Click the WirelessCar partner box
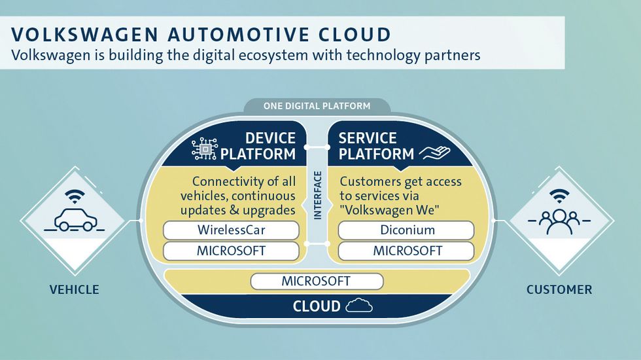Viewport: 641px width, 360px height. point(231,230)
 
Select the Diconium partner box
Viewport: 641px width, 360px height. point(406,230)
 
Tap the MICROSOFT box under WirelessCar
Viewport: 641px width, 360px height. point(231,251)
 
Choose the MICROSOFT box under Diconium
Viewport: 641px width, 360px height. point(406,251)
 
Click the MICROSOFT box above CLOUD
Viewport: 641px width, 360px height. point(317,281)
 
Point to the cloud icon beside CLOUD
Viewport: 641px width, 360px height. point(359,306)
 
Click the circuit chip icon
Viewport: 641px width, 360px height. point(204,149)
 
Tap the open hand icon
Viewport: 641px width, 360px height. point(434,153)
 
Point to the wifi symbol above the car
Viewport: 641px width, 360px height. point(75,196)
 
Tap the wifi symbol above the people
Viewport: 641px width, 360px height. point(559,196)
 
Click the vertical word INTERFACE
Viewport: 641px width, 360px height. point(318,195)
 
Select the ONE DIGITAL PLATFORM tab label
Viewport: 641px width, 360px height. point(317,106)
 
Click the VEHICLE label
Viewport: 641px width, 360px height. point(75,289)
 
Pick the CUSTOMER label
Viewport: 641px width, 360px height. point(559,289)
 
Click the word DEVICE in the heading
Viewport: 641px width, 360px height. point(270,138)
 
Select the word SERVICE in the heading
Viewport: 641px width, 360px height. point(368,138)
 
